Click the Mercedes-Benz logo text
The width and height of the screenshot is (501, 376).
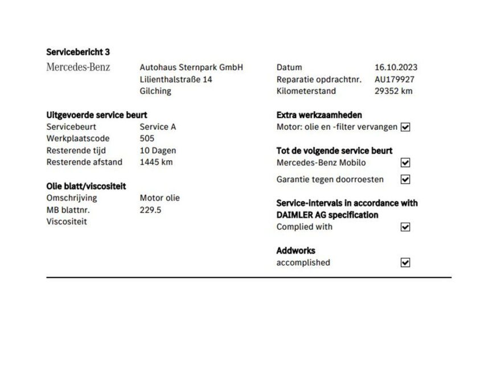coord(78,67)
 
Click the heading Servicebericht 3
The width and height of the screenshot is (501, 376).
coord(78,52)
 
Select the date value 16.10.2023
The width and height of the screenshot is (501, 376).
coord(396,67)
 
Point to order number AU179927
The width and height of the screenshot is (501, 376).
coord(395,79)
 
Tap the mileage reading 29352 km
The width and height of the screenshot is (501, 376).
coord(393,91)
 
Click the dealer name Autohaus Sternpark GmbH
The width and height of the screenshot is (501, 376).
coord(191,67)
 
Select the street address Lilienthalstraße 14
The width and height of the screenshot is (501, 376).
coord(176,79)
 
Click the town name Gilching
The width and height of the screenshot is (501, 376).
coord(155,91)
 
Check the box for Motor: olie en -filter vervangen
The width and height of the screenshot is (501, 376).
coord(405,127)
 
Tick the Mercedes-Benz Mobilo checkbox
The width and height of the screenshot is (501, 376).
coord(405,162)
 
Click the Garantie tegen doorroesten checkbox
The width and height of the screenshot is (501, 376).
coord(405,179)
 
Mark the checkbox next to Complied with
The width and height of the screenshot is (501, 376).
coord(405,227)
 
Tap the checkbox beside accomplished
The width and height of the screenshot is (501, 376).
coord(405,263)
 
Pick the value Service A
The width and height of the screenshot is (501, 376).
coord(158,126)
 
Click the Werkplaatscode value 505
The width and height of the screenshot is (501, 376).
coord(147,138)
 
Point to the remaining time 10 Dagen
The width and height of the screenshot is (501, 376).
coord(158,150)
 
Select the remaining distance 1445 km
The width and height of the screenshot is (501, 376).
coord(156,162)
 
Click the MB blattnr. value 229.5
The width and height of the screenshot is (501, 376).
coord(150,210)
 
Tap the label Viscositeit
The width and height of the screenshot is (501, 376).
coord(67,222)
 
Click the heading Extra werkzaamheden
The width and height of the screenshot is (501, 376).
coord(319,115)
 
